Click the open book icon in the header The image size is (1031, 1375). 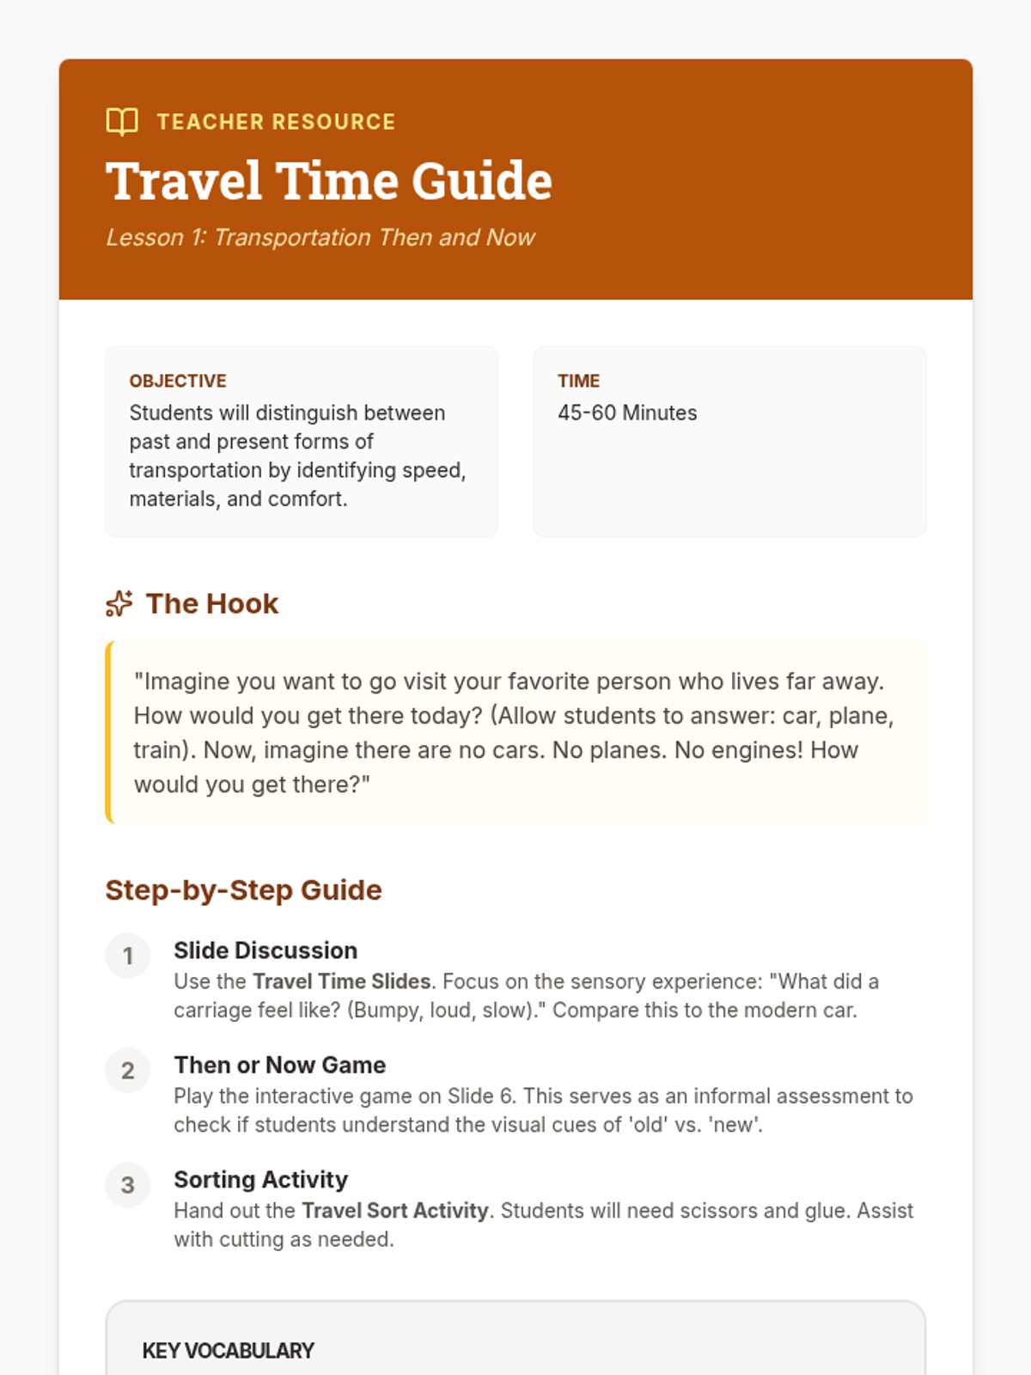(x=122, y=122)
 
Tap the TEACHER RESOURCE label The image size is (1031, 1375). (x=276, y=122)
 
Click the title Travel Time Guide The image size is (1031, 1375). (x=329, y=181)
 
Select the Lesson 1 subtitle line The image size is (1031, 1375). (x=320, y=237)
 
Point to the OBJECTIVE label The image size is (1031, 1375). (x=178, y=381)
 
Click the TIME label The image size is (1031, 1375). (x=578, y=381)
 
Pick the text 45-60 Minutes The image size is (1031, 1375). (x=627, y=413)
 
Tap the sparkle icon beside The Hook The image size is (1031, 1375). (x=119, y=604)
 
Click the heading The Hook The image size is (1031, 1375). (x=212, y=604)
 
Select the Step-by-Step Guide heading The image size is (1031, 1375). (x=243, y=890)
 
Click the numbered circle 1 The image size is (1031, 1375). (x=128, y=956)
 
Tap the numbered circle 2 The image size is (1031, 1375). (x=128, y=1070)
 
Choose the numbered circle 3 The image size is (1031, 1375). (x=128, y=1185)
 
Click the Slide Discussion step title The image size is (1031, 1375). (x=265, y=950)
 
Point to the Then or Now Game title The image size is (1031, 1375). (x=280, y=1065)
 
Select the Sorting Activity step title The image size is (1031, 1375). (x=261, y=1179)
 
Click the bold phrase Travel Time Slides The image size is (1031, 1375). (x=342, y=981)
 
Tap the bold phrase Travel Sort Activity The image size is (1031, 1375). (x=395, y=1211)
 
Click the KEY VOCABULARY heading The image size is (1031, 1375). (x=229, y=1351)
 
